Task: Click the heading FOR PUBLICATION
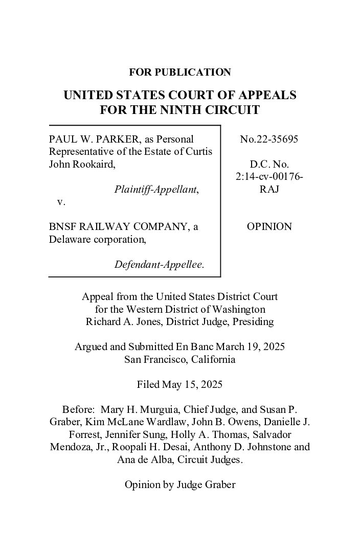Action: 179,73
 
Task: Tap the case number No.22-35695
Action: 269,139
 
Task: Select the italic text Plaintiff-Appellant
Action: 156,190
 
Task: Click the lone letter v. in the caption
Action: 61,202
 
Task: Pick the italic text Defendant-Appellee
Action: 159,265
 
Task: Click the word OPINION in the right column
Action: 269,227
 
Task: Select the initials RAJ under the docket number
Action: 269,190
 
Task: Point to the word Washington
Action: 240,309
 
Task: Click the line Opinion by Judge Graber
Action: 179,484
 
